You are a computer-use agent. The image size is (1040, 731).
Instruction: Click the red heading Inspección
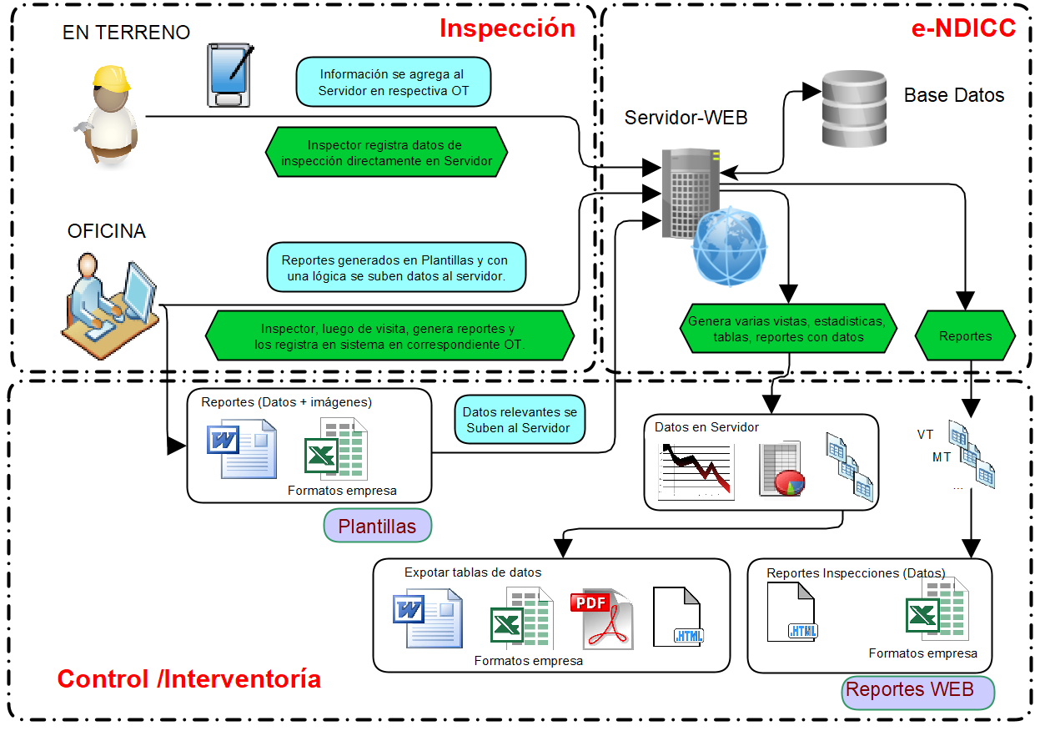(x=507, y=28)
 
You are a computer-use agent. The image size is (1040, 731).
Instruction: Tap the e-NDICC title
(x=963, y=28)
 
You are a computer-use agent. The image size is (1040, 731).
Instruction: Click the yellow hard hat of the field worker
(x=112, y=78)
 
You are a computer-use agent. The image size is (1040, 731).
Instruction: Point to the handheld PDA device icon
(x=229, y=76)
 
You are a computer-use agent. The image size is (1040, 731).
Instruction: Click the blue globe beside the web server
(x=730, y=247)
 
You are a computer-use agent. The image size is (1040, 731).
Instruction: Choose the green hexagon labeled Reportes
(x=965, y=336)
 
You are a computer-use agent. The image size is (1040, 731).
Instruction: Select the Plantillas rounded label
(x=378, y=526)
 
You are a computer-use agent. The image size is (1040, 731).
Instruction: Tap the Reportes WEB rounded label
(x=918, y=691)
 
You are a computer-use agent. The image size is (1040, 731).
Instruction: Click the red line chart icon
(x=697, y=471)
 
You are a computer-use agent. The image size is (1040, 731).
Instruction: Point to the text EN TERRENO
(x=126, y=33)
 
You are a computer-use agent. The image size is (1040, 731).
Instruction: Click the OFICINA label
(x=107, y=231)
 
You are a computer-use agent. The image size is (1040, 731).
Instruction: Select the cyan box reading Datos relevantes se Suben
(x=520, y=420)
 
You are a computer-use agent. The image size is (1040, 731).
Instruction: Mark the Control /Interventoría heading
(x=188, y=679)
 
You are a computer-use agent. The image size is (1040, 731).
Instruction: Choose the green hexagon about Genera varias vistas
(x=788, y=329)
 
